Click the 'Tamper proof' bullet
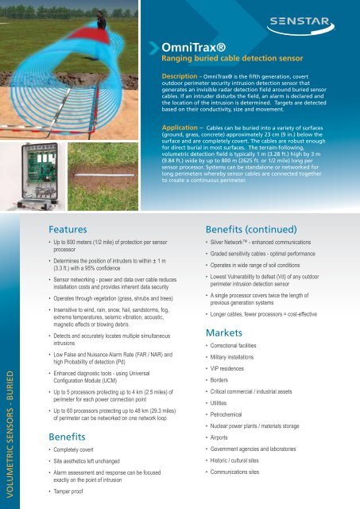tap(77, 501)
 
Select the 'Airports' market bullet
tap(225, 437)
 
